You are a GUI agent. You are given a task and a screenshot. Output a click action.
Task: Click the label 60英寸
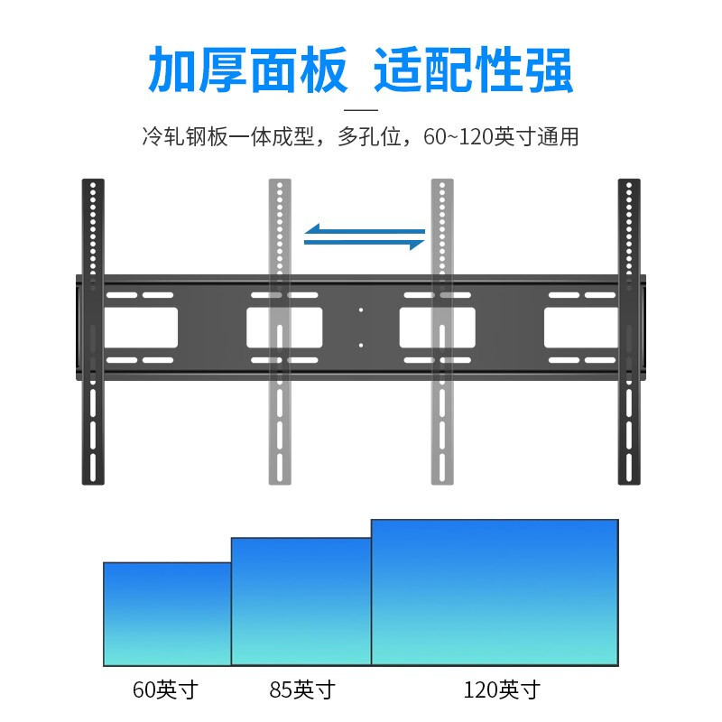[164, 690]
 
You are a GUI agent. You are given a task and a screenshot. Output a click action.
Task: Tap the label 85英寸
[302, 690]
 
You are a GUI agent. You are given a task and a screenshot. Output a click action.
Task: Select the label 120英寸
[502, 690]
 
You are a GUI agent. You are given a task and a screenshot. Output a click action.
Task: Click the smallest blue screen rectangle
[167, 614]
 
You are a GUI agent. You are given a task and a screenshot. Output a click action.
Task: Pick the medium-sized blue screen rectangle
[301, 601]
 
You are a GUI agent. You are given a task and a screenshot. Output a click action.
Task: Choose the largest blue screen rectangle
[495, 592]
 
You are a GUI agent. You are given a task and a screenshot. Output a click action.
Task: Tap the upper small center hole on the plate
[360, 310]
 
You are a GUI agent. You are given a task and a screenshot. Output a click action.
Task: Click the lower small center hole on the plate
[360, 344]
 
